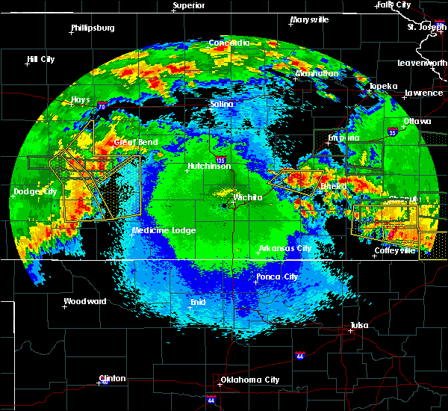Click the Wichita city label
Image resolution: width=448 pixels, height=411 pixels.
point(248,197)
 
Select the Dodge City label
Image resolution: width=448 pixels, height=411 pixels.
point(35,192)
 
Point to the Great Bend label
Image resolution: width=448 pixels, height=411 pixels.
point(135,142)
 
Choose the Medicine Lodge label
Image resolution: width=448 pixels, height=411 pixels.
point(164,230)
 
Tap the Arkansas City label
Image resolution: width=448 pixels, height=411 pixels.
point(284,248)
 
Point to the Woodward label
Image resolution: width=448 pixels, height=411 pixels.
point(85,301)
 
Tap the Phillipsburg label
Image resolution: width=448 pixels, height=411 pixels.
point(93,28)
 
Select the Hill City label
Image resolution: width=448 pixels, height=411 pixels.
point(40,59)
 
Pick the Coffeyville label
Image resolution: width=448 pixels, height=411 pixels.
point(395,250)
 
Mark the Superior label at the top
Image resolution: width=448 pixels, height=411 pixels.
point(189,6)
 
